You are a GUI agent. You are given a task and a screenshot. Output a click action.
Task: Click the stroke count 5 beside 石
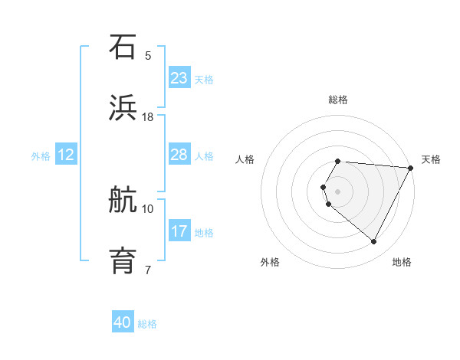pyautogui.click(x=148, y=56)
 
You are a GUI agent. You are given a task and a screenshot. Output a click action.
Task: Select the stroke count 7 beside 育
pyautogui.click(x=148, y=270)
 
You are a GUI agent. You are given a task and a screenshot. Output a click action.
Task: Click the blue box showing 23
pyautogui.click(x=179, y=77)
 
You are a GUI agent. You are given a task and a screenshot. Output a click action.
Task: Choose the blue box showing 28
pyautogui.click(x=179, y=155)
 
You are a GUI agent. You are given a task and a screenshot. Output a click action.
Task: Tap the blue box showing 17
pyautogui.click(x=179, y=231)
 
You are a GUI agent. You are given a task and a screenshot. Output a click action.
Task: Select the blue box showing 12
pyautogui.click(x=65, y=155)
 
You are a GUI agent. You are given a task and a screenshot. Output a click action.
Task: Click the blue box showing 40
pyautogui.click(x=123, y=322)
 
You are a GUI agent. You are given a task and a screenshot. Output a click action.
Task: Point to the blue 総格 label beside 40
pyautogui.click(x=147, y=324)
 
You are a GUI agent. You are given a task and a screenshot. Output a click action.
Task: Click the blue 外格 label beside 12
pyautogui.click(x=41, y=156)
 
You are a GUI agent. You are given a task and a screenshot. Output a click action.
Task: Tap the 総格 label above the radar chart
pyautogui.click(x=338, y=100)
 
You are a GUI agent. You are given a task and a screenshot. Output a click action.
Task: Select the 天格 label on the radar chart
pyautogui.click(x=431, y=159)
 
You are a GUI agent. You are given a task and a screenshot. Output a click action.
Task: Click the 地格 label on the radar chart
pyautogui.click(x=402, y=262)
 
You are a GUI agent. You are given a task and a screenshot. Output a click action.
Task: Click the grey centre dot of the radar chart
pyautogui.click(x=338, y=191)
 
